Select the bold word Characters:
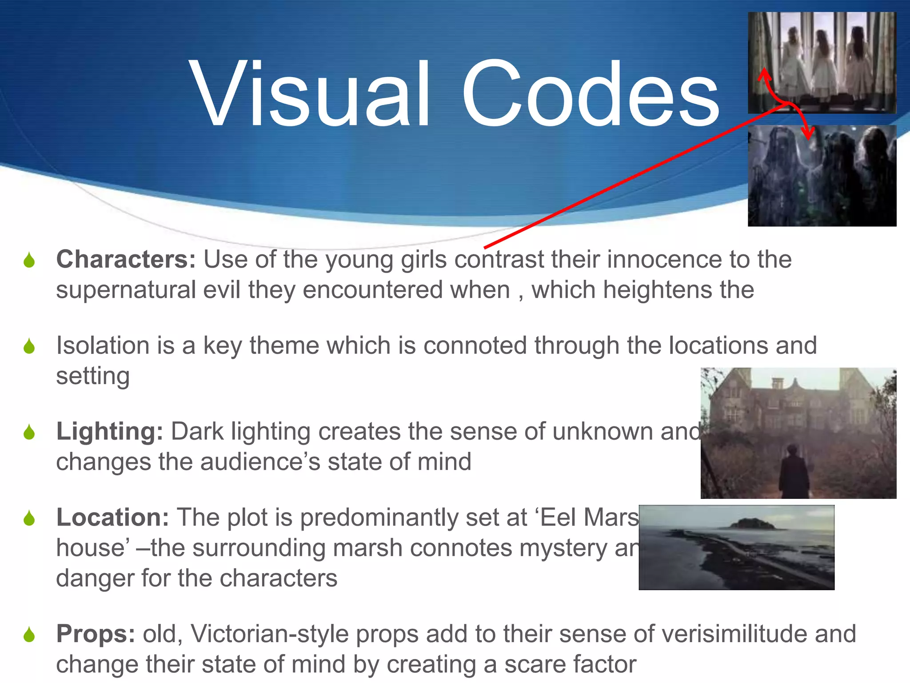point(126,259)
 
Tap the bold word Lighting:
point(109,431)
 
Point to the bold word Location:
point(112,518)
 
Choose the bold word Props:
point(96,634)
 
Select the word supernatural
point(126,290)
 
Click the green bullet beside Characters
point(29,260)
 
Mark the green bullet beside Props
point(29,635)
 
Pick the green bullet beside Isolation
point(29,346)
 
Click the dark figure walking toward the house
point(794,474)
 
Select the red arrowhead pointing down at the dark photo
point(808,133)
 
